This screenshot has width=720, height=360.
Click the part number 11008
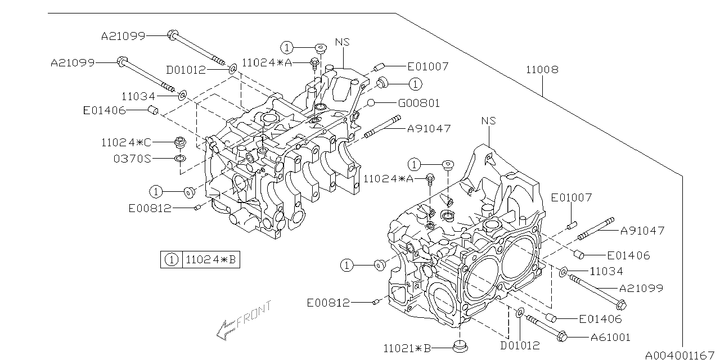(542, 70)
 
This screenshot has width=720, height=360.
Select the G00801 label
(418, 103)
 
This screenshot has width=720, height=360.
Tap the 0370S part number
(132, 159)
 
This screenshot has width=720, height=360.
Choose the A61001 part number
(610, 337)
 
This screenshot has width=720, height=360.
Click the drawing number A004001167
(679, 355)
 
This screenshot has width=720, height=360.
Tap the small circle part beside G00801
(371, 103)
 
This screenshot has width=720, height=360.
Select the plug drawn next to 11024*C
(180, 142)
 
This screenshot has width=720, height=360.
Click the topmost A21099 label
(123, 36)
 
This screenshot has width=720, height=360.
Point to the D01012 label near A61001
(520, 345)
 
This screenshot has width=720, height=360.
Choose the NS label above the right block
(489, 121)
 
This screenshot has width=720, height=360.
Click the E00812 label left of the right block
(328, 303)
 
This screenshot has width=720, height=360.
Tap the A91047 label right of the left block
(429, 128)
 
